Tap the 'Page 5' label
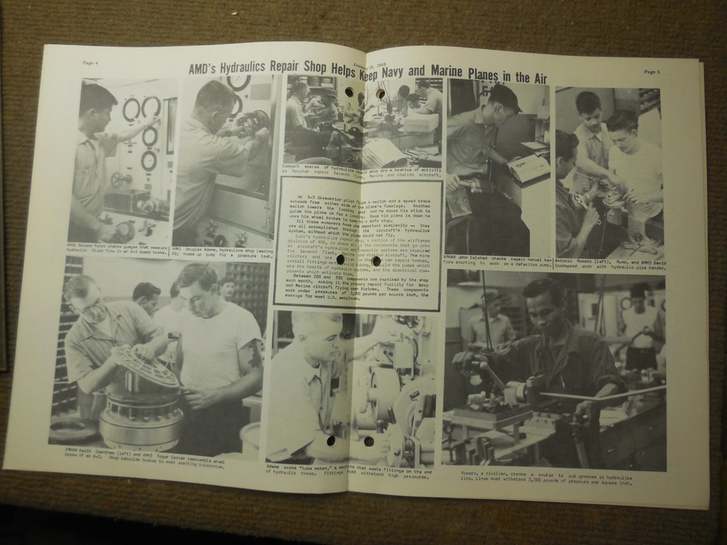pyautogui.click(x=652, y=72)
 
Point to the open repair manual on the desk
pyautogui.click(x=527, y=167)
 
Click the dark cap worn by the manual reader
pyautogui.click(x=504, y=97)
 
